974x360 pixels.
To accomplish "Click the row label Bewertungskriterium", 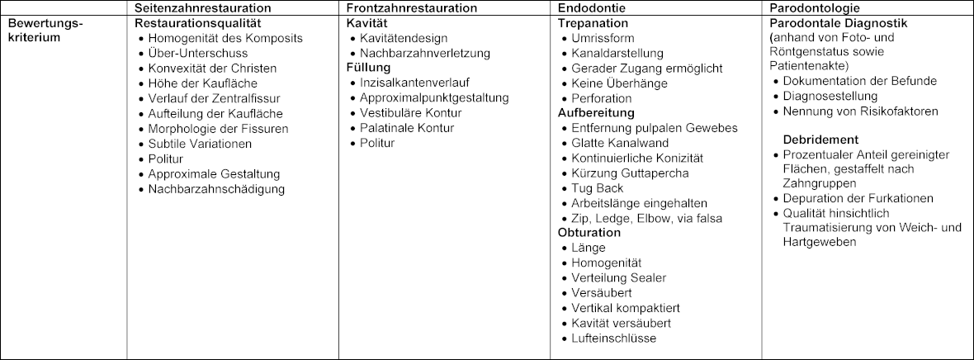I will [46, 31].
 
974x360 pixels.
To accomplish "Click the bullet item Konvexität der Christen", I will [212, 69].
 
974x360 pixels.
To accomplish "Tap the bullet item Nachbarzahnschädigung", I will [216, 189].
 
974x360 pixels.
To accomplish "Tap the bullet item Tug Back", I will [598, 188].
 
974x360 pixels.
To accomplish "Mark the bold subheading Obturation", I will [589, 233].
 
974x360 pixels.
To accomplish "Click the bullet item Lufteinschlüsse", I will [614, 338].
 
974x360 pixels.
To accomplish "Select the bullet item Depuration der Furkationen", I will [858, 198].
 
